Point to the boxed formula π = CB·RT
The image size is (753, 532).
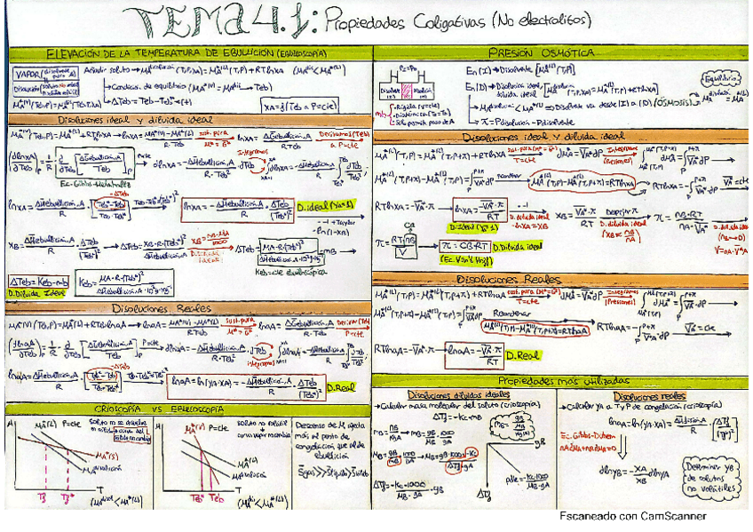pos(464,245)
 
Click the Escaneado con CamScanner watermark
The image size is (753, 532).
pos(632,515)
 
